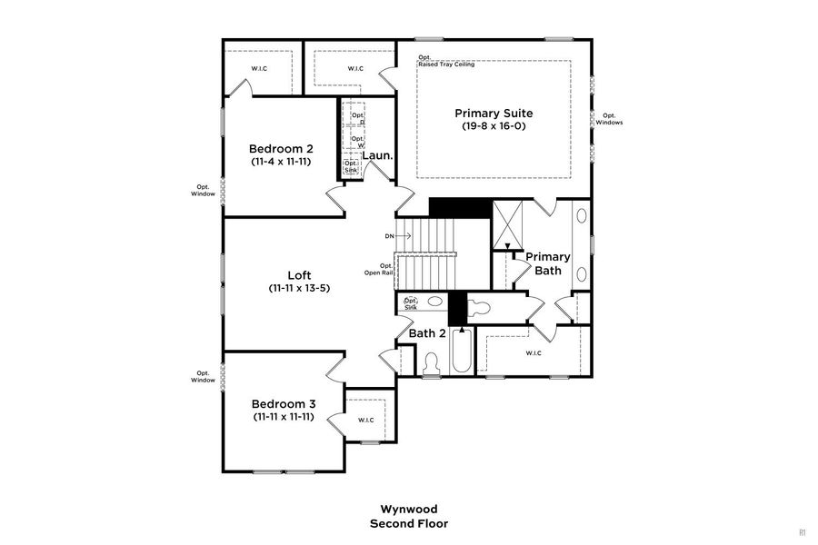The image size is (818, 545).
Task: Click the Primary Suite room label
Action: click(494, 114)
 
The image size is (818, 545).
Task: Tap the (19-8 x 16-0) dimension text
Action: click(494, 126)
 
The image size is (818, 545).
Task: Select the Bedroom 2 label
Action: click(282, 148)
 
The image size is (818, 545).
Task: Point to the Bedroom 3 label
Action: click(284, 403)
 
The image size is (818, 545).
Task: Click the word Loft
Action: click(300, 275)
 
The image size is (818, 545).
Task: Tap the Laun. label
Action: click(377, 155)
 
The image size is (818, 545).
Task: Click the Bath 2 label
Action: click(427, 333)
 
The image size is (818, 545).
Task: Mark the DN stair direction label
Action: click(390, 236)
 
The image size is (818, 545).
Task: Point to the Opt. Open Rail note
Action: click(379, 270)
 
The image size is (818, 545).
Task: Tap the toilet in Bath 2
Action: click(432, 362)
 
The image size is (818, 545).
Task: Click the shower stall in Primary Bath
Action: click(507, 223)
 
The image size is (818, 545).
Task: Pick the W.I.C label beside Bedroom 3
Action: click(366, 420)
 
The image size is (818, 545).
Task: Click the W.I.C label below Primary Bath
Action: click(534, 352)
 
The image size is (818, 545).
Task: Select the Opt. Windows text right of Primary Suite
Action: click(609, 119)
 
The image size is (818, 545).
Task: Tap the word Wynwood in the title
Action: click(408, 510)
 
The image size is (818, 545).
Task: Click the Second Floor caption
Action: click(408, 523)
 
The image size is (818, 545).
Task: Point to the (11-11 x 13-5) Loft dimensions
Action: click(300, 288)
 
